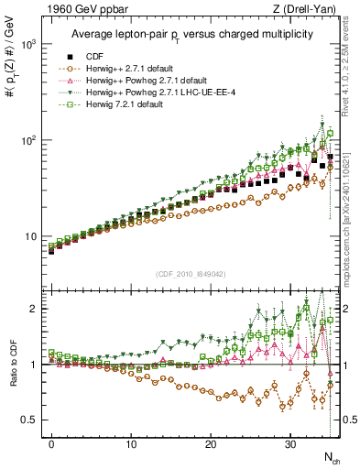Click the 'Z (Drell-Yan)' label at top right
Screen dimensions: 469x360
coord(307,10)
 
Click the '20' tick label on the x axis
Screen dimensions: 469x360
coord(211,445)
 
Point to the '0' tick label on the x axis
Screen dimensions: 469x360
coord(51,445)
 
